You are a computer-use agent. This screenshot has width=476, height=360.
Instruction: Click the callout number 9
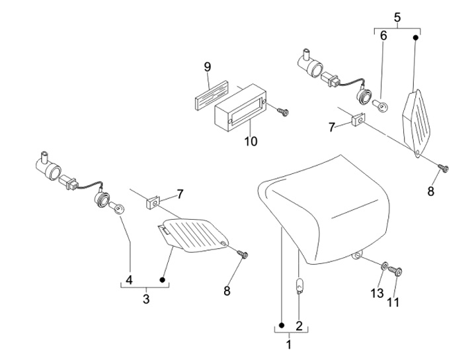[x=208, y=67]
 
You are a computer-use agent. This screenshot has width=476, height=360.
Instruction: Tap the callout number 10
[x=251, y=141]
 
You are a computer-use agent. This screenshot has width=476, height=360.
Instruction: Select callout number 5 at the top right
[x=397, y=17]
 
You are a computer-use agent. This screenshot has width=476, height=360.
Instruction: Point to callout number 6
[x=383, y=36]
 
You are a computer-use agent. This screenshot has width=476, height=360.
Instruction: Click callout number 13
[x=377, y=293]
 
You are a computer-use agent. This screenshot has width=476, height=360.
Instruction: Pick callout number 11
[x=393, y=302]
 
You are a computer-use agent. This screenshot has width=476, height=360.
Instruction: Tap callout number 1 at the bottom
[x=289, y=345]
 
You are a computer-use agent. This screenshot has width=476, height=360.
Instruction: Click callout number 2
[x=299, y=326]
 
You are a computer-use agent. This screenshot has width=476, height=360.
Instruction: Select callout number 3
[x=146, y=299]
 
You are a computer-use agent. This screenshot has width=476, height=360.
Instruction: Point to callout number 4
[x=130, y=280]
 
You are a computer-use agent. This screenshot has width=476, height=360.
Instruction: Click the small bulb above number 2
[x=299, y=286]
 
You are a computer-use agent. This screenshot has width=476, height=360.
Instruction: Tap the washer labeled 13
[x=384, y=267]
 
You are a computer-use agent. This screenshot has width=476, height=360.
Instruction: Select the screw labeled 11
[x=395, y=271]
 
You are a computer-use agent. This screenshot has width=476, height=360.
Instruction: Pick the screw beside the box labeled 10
[x=283, y=111]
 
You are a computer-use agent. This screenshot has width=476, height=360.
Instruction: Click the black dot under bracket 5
[x=416, y=38]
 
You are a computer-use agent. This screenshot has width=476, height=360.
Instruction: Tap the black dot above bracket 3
[x=162, y=279]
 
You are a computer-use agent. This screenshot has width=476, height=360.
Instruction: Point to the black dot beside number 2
[x=282, y=326]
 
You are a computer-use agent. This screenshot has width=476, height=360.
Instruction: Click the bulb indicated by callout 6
[x=381, y=107]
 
